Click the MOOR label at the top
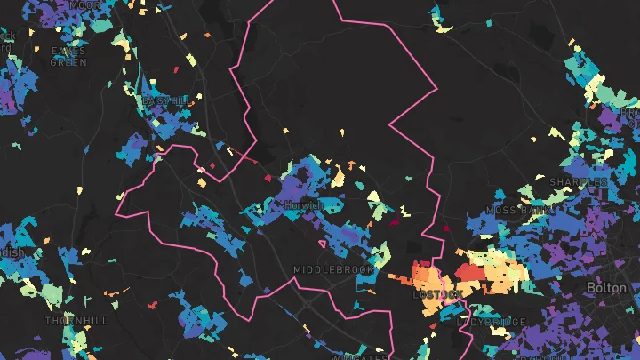pyautogui.click(x=84, y=5)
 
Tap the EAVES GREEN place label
pyautogui.click(x=68, y=57)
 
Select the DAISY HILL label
pyautogui.click(x=163, y=101)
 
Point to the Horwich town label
pyautogui.click(x=304, y=205)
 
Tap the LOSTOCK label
pyautogui.click(x=437, y=294)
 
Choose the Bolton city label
pyautogui.click(x=607, y=289)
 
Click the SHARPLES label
pyautogui.click(x=578, y=182)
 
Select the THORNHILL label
pyautogui.click(x=76, y=320)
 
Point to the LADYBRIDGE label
pyautogui.click(x=492, y=322)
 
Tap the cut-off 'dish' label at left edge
pyautogui.click(x=12, y=252)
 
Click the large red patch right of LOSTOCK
pyautogui.click(x=469, y=271)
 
